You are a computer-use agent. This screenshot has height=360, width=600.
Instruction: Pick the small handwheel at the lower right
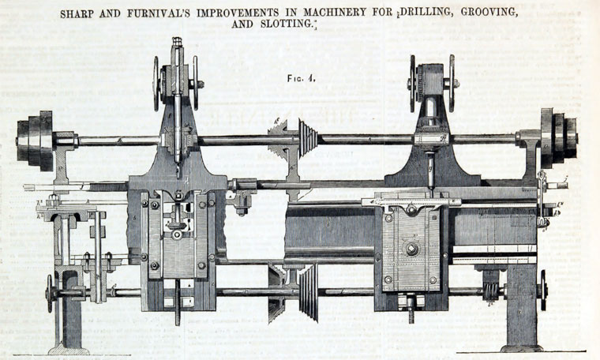(x=543, y=289)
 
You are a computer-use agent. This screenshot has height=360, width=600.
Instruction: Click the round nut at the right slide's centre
(x=411, y=249)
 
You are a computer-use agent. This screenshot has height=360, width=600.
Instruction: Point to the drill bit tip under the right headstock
(x=430, y=184)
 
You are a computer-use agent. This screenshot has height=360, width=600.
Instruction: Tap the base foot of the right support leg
(x=521, y=347)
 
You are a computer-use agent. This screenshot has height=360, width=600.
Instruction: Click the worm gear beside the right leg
(x=492, y=291)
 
